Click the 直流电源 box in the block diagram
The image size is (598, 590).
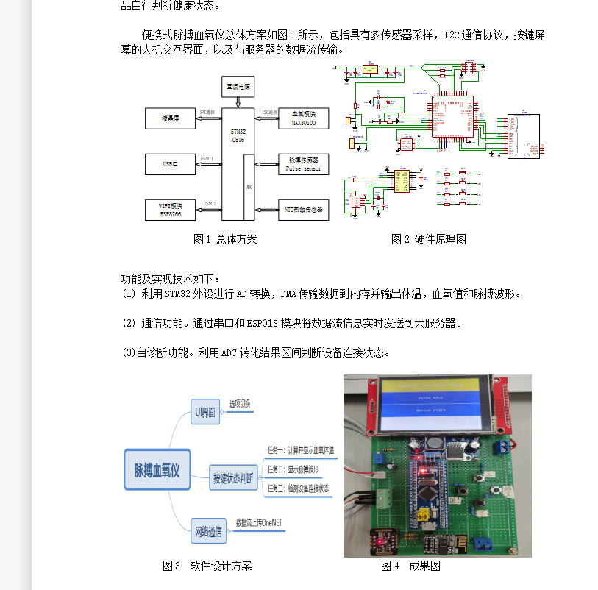238,87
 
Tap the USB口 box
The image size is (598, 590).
171,163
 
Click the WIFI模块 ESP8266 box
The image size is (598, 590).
171,210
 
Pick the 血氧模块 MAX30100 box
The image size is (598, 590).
303,118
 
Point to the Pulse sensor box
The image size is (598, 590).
303,163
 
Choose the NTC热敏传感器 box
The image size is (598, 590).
303,210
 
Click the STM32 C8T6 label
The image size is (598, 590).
238,134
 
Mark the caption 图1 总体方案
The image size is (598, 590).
225,239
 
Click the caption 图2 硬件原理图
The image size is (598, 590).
429,239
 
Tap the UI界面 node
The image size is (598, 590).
205,413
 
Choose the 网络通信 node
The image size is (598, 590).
208,531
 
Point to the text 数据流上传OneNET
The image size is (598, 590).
259,523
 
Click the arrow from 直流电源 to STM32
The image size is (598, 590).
238,103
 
